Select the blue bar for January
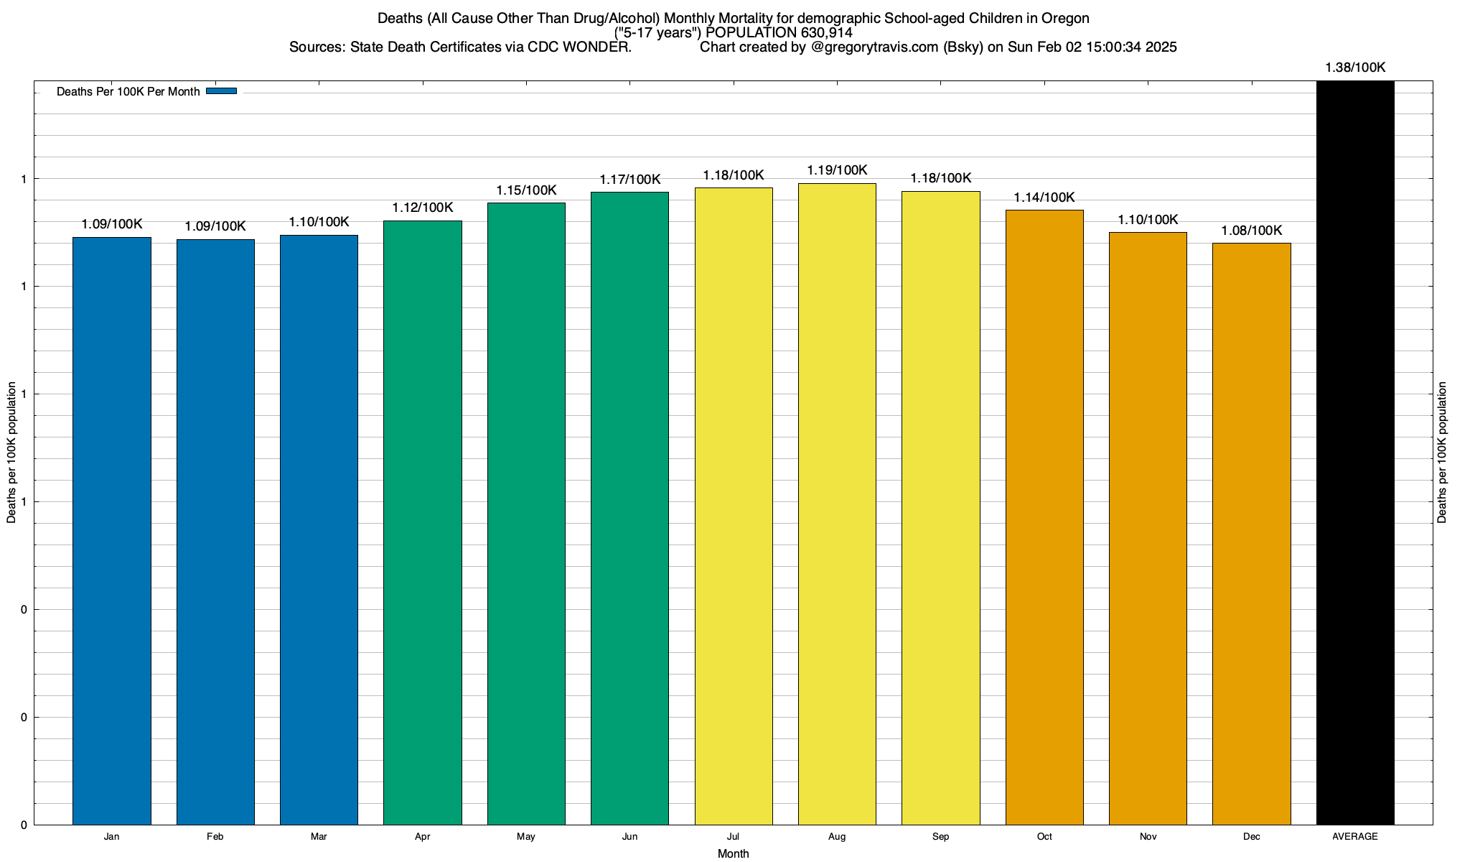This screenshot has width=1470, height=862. click(112, 531)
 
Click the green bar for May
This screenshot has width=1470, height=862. click(526, 514)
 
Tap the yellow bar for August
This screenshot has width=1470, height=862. click(837, 504)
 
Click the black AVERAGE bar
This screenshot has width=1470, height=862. click(1355, 453)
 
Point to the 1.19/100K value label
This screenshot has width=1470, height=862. click(837, 170)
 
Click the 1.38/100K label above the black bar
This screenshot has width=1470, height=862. click(1355, 68)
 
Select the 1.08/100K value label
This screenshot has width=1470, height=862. click(1251, 231)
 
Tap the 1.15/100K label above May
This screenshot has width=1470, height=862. click(526, 190)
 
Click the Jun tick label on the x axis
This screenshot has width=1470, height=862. click(629, 836)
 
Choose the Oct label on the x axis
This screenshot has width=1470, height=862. click(1044, 836)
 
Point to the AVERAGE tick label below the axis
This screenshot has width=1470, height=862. click(1355, 836)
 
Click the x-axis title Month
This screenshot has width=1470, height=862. click(733, 853)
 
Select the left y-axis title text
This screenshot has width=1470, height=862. click(11, 453)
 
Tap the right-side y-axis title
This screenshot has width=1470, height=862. click(1442, 453)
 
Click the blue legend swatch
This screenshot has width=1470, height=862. click(221, 91)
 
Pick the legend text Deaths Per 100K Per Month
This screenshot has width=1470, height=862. click(128, 92)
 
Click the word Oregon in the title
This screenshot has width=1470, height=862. click(1065, 18)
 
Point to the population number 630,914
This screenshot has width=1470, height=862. click(825, 32)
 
